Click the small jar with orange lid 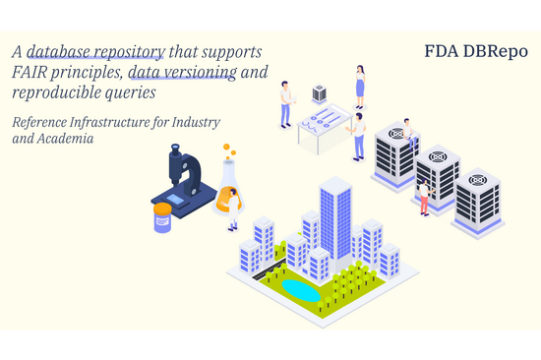coord(162,217)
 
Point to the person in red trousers coord(424,197)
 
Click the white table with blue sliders coord(326,128)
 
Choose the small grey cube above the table coord(319,93)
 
